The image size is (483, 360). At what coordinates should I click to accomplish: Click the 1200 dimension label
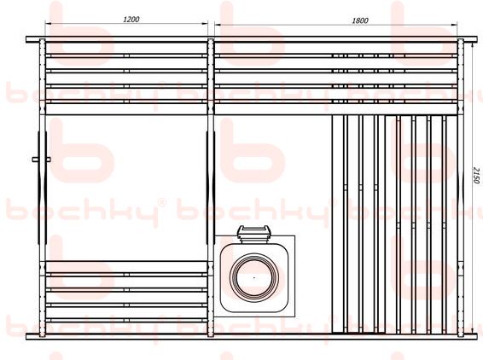[x=131, y=19]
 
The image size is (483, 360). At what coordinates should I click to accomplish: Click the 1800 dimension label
[x=360, y=20]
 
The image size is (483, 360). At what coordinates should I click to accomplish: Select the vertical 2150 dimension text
[x=476, y=175]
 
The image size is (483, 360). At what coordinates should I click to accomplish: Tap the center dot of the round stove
[x=254, y=277]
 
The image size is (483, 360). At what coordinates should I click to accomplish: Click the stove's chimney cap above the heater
[x=254, y=234]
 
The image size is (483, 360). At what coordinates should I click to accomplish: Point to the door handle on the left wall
[x=41, y=160]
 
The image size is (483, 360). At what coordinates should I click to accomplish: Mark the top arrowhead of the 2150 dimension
[x=472, y=44]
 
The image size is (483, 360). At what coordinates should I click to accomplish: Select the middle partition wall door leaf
[x=211, y=188]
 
